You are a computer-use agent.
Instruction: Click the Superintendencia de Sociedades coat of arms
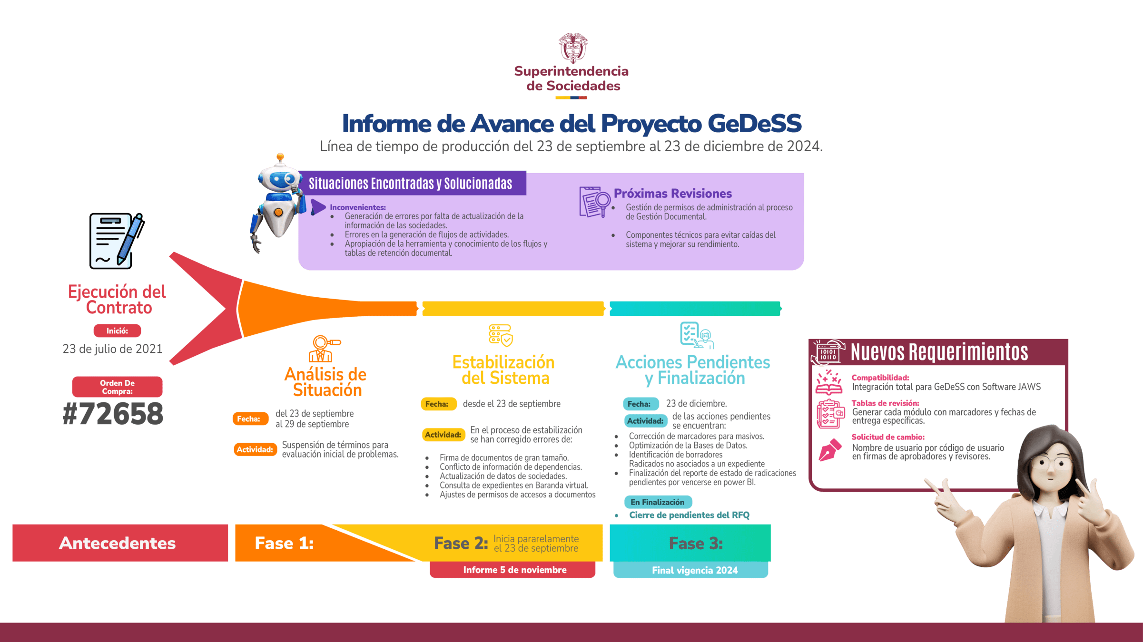click(x=572, y=48)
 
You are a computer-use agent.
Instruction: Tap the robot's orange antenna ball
click(x=280, y=156)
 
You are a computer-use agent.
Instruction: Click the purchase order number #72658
click(x=113, y=414)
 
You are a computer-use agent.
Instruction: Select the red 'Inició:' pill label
click(x=117, y=331)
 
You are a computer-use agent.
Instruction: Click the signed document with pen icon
click(x=116, y=241)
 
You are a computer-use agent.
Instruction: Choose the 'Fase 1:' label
click(x=284, y=543)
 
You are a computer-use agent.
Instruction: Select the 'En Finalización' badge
click(x=658, y=502)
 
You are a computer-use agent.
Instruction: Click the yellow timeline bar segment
click(x=512, y=309)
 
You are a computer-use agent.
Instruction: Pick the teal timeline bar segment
click(x=695, y=309)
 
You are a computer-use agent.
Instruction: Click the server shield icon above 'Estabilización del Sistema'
click(x=501, y=335)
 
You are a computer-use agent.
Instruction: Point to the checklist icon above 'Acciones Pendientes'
click(x=696, y=335)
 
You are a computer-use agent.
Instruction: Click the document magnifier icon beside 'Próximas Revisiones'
click(x=594, y=202)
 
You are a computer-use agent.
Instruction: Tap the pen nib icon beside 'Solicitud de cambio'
click(x=830, y=449)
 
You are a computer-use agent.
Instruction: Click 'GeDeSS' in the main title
click(x=754, y=124)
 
